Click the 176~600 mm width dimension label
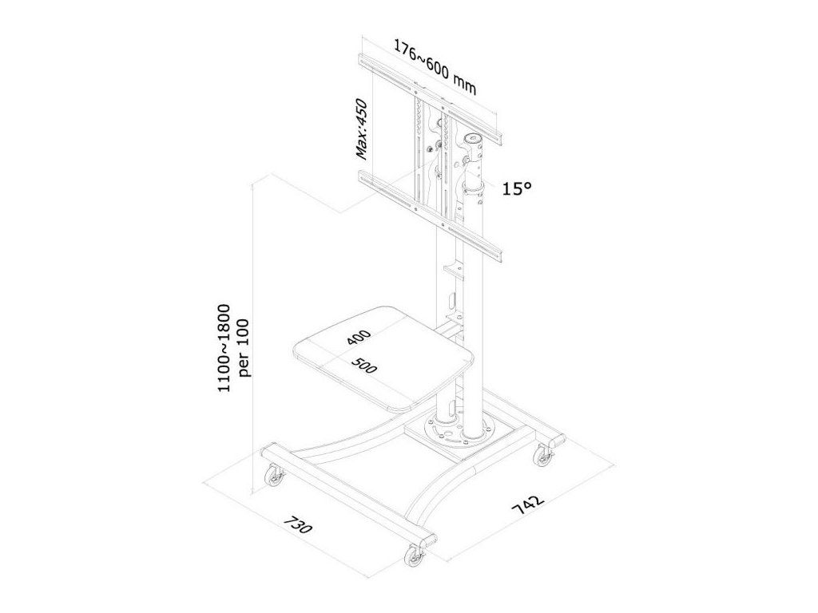435,67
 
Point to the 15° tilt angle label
517,188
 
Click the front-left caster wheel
274,477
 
